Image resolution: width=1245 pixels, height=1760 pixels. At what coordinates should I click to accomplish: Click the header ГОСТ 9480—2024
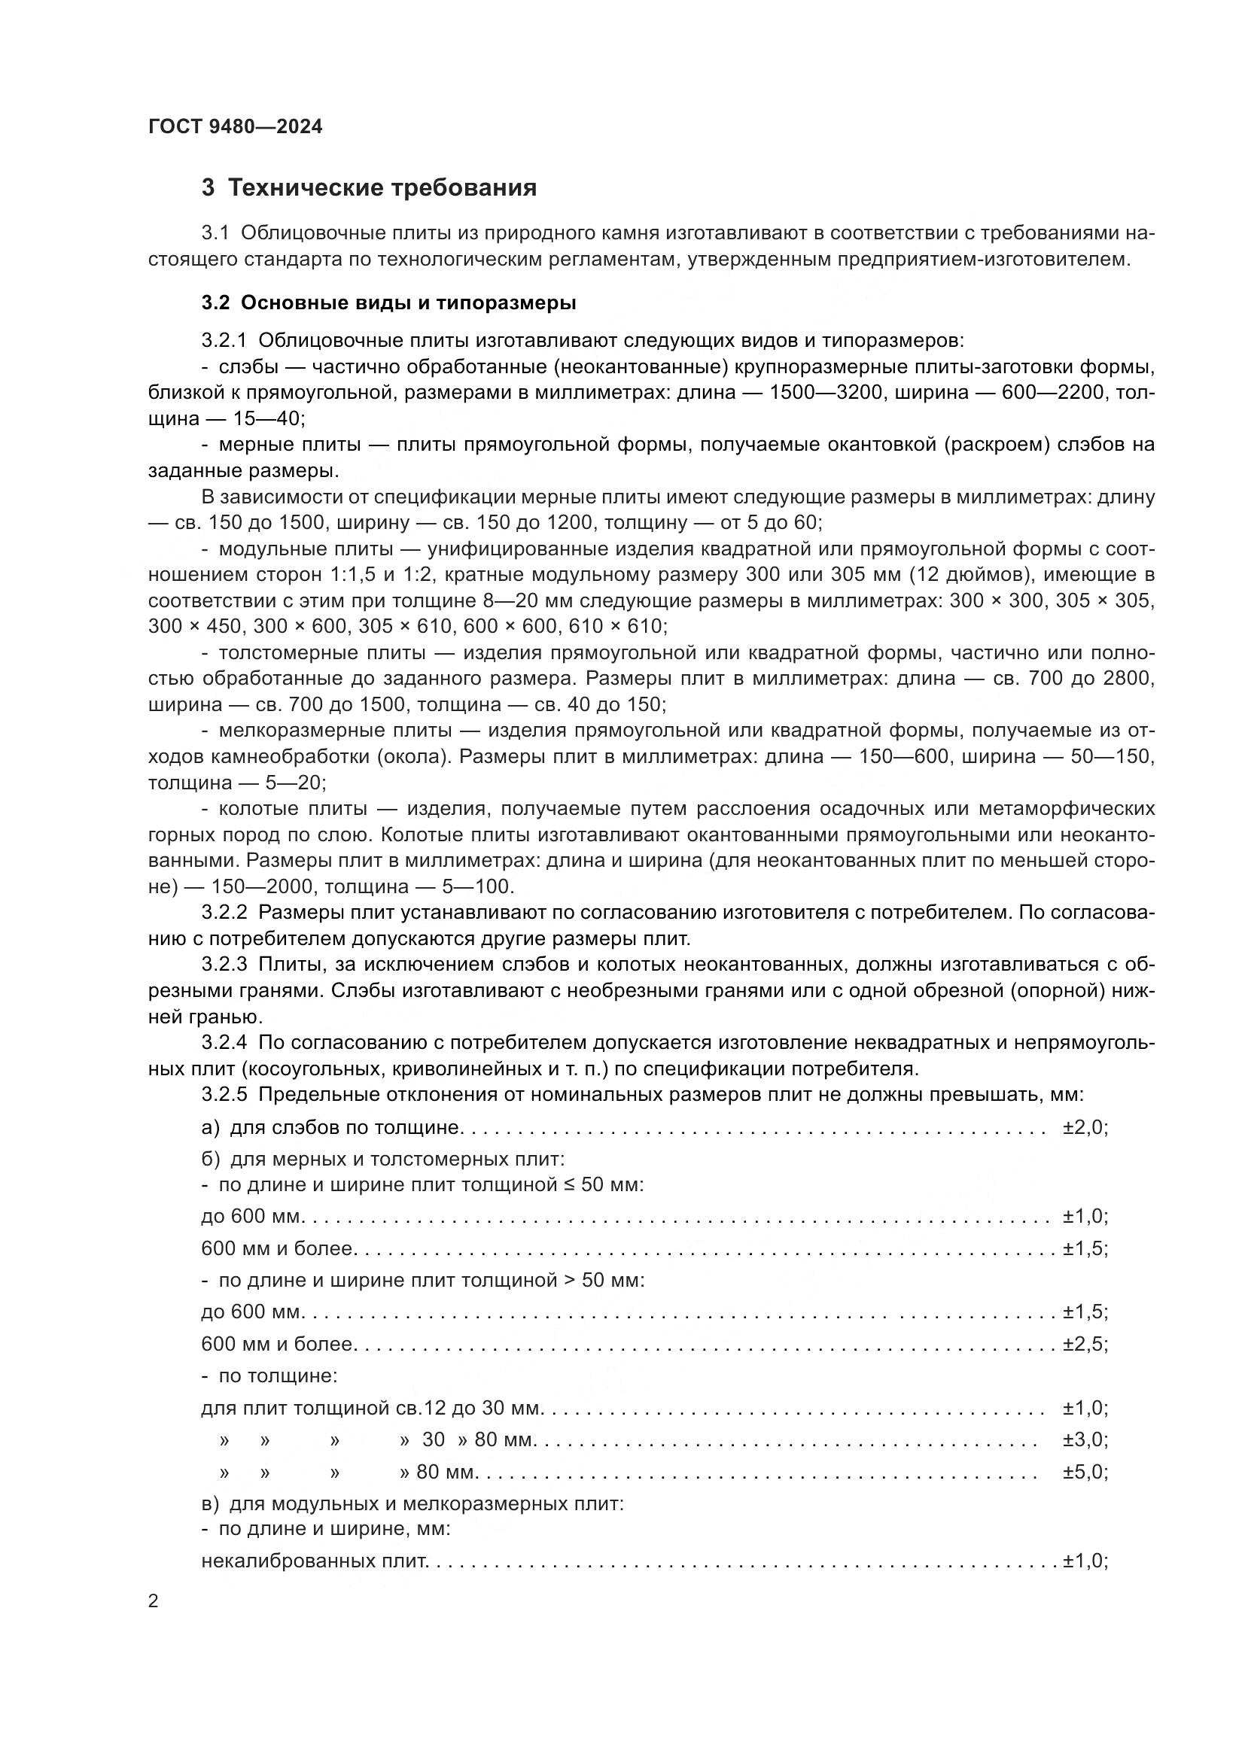[236, 126]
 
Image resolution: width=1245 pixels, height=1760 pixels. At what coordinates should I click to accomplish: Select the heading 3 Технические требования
[369, 188]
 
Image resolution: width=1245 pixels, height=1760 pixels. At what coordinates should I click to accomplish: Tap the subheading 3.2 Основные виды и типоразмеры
[388, 302]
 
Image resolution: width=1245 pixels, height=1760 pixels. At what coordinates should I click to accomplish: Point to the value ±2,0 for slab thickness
[1084, 1128]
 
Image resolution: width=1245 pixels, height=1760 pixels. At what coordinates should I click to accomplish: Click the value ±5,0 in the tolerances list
[1084, 1472]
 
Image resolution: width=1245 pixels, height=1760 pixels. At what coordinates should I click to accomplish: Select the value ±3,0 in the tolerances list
[1084, 1439]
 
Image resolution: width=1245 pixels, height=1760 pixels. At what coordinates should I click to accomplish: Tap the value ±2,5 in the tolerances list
[1084, 1344]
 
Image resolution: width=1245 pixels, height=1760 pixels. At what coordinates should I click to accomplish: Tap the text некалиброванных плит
[314, 1561]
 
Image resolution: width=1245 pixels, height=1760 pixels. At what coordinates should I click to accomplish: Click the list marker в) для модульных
[211, 1504]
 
